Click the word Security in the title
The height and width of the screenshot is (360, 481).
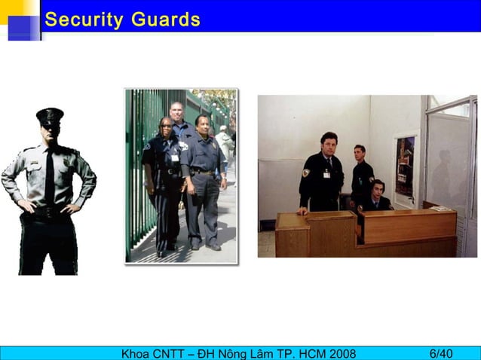(84, 20)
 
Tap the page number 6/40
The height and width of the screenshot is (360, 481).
(441, 353)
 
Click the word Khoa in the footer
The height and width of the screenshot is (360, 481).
(137, 353)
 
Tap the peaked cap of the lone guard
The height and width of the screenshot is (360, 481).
(50, 115)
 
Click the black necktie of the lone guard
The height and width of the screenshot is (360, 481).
(49, 173)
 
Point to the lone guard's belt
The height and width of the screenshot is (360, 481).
(49, 213)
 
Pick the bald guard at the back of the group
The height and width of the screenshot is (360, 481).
(177, 117)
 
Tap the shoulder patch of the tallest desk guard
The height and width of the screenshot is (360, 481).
(306, 172)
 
